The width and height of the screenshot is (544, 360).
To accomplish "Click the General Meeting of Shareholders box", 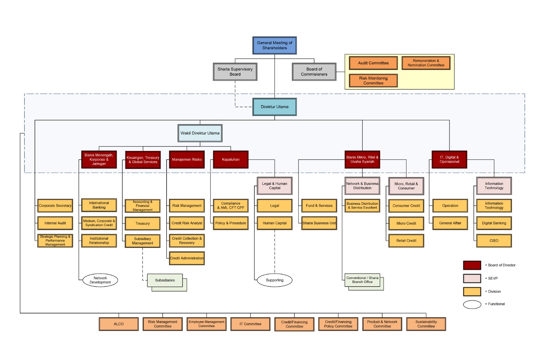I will tap(274, 46).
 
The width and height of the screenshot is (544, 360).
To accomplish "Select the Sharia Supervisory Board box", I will tap(235, 72).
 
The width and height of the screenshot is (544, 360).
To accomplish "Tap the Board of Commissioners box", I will tap(314, 72).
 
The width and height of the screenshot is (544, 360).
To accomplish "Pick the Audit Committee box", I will tap(373, 63).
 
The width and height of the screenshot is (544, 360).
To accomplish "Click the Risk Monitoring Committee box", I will tap(373, 81).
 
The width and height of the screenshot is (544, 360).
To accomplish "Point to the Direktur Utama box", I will tap(274, 107).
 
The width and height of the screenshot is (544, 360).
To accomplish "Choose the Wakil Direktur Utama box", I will tap(200, 133).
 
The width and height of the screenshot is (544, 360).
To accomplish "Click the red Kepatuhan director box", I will tap(231, 159).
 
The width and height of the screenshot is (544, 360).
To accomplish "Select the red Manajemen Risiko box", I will tap(187, 159).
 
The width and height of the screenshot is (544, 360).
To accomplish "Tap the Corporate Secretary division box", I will tap(55, 206).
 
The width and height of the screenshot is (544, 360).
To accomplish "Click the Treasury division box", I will tap(142, 223).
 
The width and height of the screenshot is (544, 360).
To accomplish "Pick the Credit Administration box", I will tap(187, 258).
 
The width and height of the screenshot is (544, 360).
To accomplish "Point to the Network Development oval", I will tap(100, 280).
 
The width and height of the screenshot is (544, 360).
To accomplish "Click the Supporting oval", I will tap(274, 280).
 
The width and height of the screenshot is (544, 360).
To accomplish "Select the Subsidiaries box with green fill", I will tap(165, 280).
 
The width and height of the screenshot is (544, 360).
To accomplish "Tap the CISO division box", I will tap(494, 241).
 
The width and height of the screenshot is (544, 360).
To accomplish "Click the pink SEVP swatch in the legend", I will tap(472, 278).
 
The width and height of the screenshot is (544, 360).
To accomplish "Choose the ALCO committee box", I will tap(119, 324).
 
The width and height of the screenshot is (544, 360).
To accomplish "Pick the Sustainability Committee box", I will tap(426, 324).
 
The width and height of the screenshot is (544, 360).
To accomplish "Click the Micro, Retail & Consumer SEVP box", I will tap(406, 186).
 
